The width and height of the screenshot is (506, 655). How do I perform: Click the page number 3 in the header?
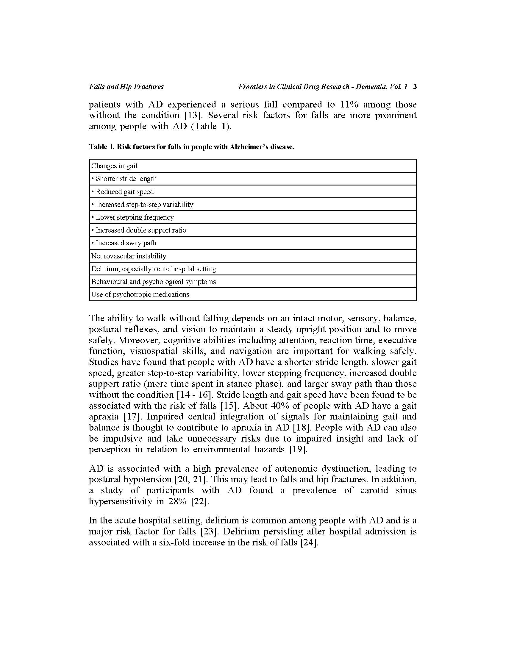click(x=415, y=87)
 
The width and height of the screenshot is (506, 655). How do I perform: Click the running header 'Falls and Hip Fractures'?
click(x=126, y=87)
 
